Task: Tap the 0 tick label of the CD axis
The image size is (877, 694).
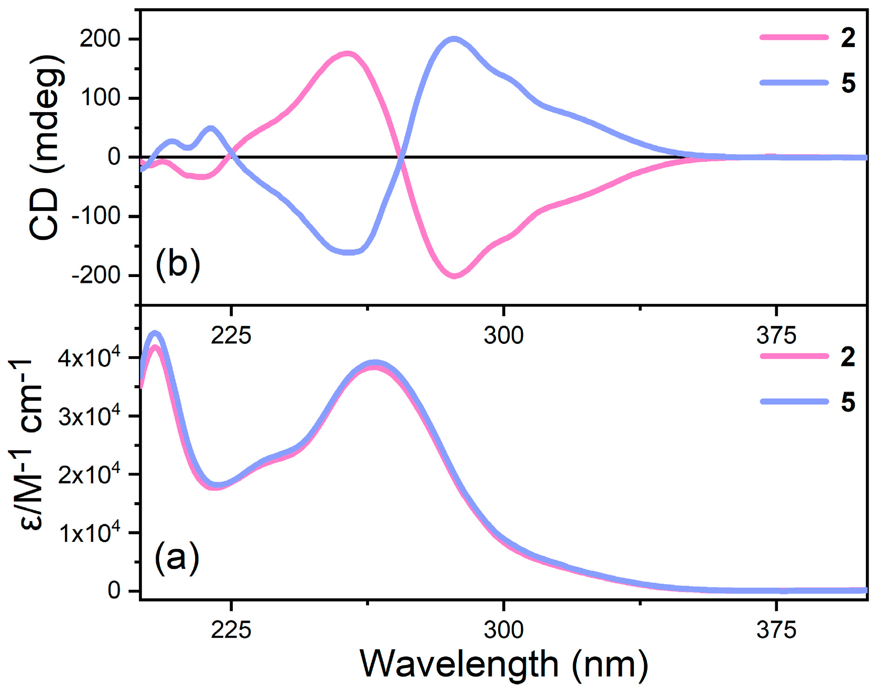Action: pos(114,157)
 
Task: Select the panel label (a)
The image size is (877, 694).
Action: pos(177,558)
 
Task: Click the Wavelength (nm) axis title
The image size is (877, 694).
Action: pos(504,664)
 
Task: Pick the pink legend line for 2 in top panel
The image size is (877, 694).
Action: pos(794,37)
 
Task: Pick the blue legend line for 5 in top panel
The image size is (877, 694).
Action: pos(794,83)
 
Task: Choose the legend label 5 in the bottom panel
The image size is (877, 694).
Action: pos(848,402)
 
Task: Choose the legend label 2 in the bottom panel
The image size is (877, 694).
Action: pos(848,357)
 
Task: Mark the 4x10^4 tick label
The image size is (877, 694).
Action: pos(89,358)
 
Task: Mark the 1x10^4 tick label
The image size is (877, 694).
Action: pos(89,533)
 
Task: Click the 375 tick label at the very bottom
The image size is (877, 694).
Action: pos(776,630)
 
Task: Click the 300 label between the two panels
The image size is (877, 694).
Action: pos(503,335)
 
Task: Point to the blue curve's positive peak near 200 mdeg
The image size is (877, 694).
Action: pos(454,39)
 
